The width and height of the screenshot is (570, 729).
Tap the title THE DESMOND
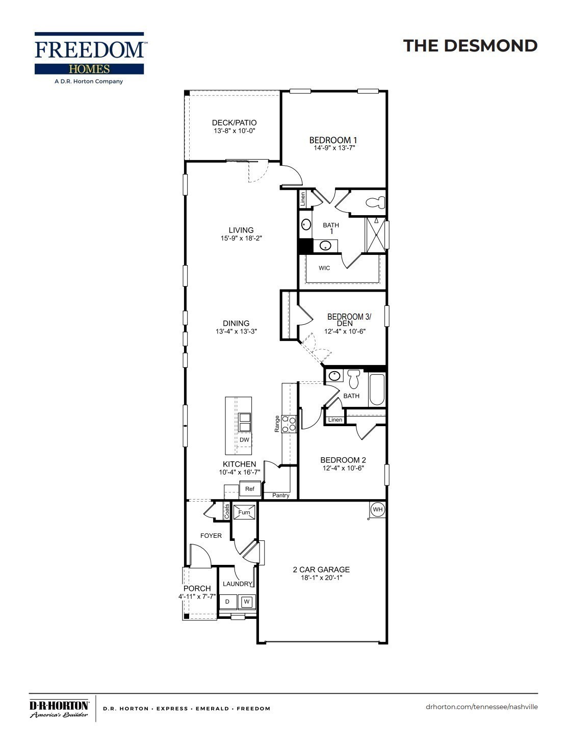click(470, 46)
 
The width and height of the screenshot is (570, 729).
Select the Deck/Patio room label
click(234, 123)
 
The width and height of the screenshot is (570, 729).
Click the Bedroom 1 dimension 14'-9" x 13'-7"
click(333, 148)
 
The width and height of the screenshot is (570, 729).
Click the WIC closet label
click(324, 268)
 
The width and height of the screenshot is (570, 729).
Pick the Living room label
click(241, 230)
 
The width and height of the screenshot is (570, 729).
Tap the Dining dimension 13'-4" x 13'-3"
click(236, 331)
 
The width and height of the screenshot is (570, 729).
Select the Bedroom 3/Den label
click(349, 320)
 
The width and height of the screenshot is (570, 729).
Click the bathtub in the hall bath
click(377, 390)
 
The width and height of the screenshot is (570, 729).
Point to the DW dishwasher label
click(244, 440)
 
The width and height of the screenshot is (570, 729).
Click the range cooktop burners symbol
click(290, 424)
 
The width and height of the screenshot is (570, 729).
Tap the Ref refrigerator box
click(250, 489)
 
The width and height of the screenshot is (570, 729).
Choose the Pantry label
click(281, 496)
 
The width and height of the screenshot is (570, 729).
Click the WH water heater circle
click(377, 509)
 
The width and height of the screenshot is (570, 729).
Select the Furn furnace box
click(245, 512)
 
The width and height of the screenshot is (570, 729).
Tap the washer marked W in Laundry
click(247, 602)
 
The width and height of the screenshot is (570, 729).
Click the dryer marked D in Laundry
click(227, 602)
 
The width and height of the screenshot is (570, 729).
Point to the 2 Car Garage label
click(321, 569)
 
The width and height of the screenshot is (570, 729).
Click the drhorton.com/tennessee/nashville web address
click(481, 707)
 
